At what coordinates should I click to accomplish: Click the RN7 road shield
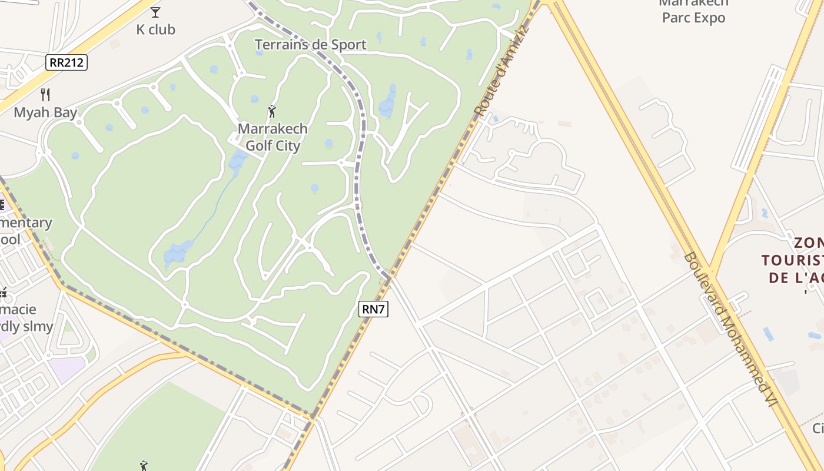tap(374, 309)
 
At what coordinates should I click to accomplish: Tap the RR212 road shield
tap(67, 62)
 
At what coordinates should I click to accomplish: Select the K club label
tap(156, 29)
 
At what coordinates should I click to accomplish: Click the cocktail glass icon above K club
tap(155, 12)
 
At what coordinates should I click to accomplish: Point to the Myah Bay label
tap(45, 112)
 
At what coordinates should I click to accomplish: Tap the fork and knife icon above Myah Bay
tap(45, 94)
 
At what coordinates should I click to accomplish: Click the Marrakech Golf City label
tap(273, 137)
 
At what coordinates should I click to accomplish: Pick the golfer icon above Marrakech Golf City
tap(272, 111)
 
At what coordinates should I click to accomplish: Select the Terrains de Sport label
tap(310, 45)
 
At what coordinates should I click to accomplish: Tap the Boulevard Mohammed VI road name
tap(732, 329)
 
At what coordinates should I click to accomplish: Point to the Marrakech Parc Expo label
tap(693, 11)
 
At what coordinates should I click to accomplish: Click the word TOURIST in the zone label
tap(792, 260)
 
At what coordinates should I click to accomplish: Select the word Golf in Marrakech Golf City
tap(257, 145)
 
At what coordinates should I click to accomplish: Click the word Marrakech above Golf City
tap(273, 128)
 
